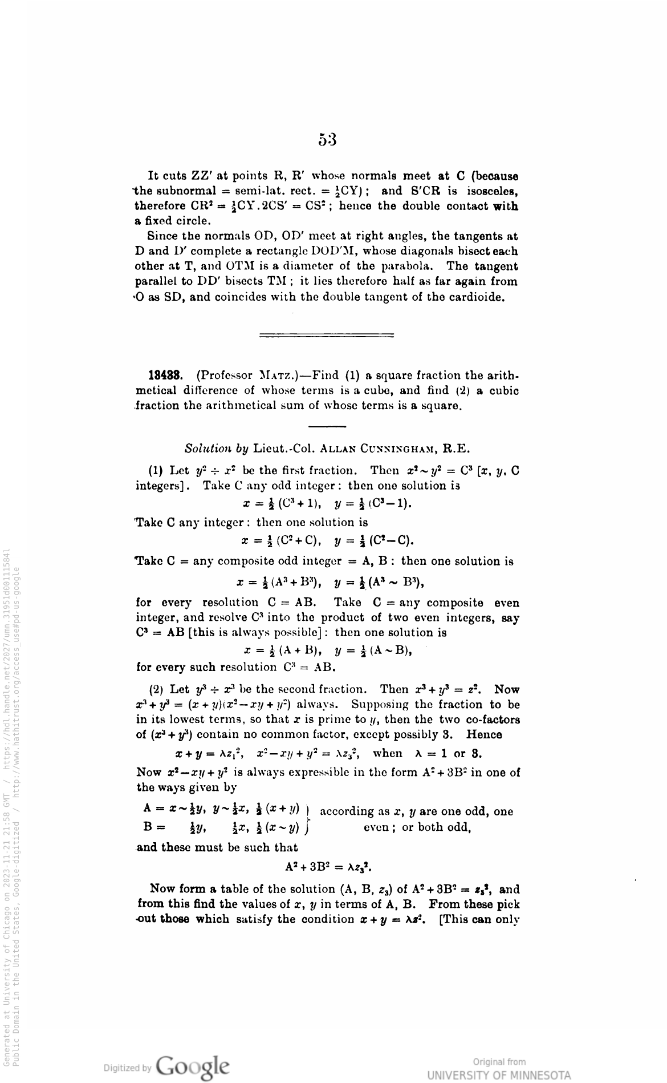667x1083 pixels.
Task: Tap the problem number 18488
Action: click(x=165, y=375)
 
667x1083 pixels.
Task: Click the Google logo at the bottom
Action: click(x=193, y=1065)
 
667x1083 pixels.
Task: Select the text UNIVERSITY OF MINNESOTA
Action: click(x=499, y=1075)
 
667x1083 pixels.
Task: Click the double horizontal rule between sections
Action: click(x=327, y=335)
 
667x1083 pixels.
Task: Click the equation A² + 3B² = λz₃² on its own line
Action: click(x=327, y=868)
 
